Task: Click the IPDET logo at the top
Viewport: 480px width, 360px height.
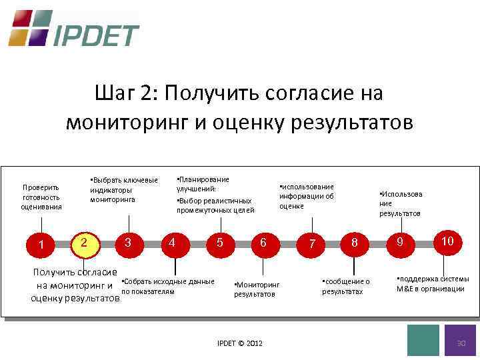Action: click(x=73, y=29)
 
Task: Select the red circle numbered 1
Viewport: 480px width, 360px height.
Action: click(x=42, y=245)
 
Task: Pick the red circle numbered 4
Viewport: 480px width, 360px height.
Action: click(x=173, y=243)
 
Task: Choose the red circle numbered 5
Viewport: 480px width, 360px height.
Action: click(x=219, y=243)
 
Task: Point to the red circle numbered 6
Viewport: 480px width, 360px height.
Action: click(x=263, y=243)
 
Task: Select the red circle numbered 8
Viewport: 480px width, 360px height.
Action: click(x=355, y=243)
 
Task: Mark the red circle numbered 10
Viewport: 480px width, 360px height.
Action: click(x=447, y=241)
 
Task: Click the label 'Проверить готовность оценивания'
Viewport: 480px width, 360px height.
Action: click(x=41, y=197)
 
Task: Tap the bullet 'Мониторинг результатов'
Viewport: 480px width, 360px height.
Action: click(x=257, y=289)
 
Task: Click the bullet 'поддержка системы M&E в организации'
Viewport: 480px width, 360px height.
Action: click(x=432, y=284)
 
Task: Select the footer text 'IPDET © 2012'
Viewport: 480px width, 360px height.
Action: click(x=240, y=343)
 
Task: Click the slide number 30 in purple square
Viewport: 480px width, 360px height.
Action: click(x=460, y=341)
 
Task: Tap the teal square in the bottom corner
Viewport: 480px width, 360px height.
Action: click(x=423, y=341)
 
